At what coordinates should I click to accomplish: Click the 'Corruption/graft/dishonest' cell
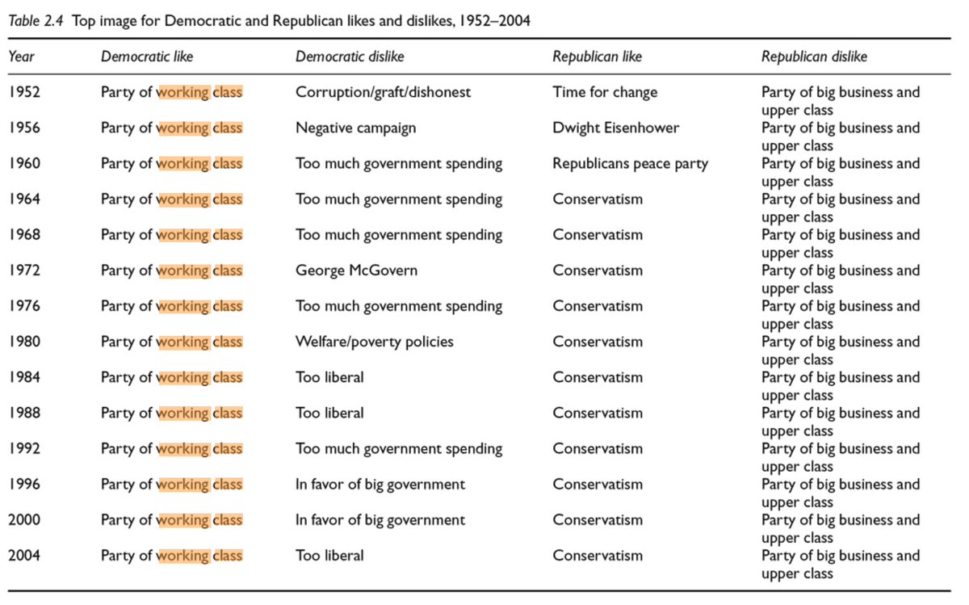383,92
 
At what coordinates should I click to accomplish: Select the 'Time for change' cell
605,92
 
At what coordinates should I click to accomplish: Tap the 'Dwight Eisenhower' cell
616,128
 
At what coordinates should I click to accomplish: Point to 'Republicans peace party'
630,163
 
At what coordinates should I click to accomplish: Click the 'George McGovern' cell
356,271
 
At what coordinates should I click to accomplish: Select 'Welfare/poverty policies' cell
375,342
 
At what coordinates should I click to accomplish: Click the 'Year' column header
21,57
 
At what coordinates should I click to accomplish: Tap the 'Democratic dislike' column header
350,57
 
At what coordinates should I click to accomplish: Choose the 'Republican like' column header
597,57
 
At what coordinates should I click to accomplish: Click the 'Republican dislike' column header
814,57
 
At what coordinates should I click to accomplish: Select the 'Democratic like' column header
147,57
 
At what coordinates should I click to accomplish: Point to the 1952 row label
23,92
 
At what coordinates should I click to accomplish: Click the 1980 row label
23,342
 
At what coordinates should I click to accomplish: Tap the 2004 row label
23,556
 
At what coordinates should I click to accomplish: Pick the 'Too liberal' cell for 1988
329,413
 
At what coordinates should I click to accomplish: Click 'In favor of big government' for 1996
380,485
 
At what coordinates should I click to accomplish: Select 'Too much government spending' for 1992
399,448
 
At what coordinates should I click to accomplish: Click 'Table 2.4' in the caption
37,20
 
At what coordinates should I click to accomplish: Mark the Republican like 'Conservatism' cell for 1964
598,200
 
